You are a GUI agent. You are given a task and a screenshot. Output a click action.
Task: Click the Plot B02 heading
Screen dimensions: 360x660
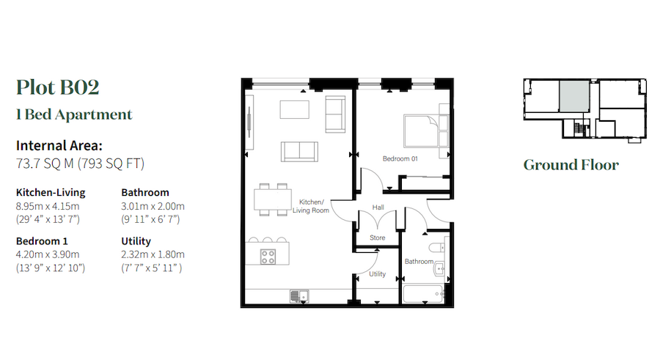57,87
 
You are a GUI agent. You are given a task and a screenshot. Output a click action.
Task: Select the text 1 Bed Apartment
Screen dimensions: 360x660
74,114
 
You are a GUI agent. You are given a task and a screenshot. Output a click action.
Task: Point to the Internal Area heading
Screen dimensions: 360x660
59,145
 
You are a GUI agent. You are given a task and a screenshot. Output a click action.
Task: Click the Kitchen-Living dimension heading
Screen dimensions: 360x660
51,193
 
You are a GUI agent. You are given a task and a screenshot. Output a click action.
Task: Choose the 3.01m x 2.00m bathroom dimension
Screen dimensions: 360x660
153,205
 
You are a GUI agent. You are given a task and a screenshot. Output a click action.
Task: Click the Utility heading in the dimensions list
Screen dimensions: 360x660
136,241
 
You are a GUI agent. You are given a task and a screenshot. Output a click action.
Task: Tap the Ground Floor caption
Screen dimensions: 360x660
571,165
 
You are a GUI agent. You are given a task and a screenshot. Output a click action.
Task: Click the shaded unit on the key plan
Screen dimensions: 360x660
574,96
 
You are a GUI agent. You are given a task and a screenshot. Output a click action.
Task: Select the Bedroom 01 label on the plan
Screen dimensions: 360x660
400,159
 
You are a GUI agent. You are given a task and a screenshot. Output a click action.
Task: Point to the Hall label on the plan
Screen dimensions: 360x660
378,207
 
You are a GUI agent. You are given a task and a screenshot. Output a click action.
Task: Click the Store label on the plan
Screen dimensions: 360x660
377,238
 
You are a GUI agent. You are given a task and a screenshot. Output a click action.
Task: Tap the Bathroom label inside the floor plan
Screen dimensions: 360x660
419,261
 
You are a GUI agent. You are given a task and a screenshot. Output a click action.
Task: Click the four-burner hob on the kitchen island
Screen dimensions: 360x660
268,257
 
